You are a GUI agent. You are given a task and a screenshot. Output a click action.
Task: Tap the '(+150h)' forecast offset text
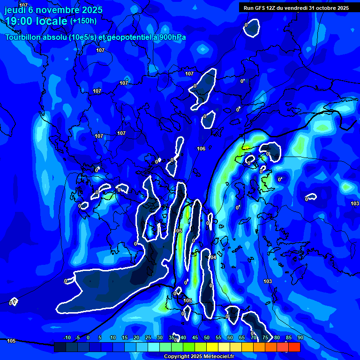click(83, 21)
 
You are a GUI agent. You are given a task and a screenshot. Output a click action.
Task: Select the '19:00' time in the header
click(18, 21)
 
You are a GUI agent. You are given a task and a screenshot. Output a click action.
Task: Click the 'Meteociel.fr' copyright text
click(215, 357)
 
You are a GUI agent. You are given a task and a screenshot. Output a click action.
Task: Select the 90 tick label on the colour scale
click(300, 337)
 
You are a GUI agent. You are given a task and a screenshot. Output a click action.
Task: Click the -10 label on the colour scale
click(67, 337)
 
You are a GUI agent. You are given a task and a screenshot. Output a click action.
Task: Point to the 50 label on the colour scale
click(207, 337)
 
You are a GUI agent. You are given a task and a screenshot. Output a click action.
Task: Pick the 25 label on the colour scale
click(148, 337)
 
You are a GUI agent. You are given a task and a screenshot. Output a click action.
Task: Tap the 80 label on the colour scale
click(277, 337)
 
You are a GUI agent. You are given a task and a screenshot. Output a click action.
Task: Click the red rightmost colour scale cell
click(294, 347)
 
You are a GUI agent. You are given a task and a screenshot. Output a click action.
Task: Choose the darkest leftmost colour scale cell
click(60, 347)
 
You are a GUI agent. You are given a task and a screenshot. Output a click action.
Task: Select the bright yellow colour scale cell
click(212, 347)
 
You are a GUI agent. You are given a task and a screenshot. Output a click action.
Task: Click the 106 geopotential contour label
click(201, 149)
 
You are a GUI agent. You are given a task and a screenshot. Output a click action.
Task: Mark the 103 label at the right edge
click(355, 203)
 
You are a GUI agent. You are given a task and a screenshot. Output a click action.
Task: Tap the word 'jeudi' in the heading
click(15, 10)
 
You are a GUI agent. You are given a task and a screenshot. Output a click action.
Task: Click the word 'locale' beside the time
click(50, 21)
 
